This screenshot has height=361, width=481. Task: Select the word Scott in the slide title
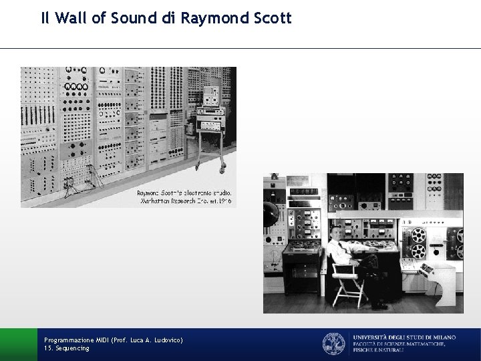tap(272, 19)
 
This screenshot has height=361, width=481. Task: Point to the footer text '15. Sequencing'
tap(66, 349)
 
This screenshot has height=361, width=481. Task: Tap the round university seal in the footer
tap(333, 344)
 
